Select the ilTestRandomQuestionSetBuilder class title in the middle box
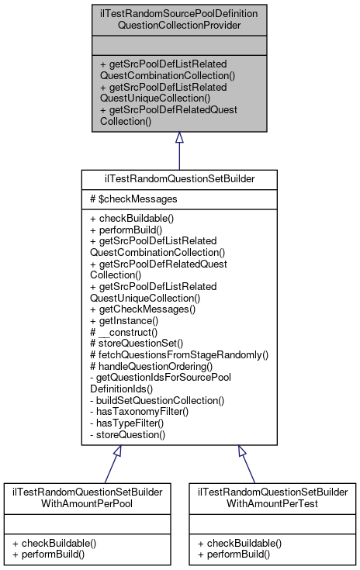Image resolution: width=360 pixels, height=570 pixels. tap(179, 178)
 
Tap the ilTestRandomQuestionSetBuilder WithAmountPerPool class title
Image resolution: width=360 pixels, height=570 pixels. tap(87, 497)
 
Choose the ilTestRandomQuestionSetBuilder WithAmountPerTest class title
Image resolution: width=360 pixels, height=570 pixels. tap(271, 497)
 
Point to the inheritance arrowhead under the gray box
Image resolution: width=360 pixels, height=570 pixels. tap(179, 138)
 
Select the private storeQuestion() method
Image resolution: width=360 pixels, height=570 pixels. tap(128, 435)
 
